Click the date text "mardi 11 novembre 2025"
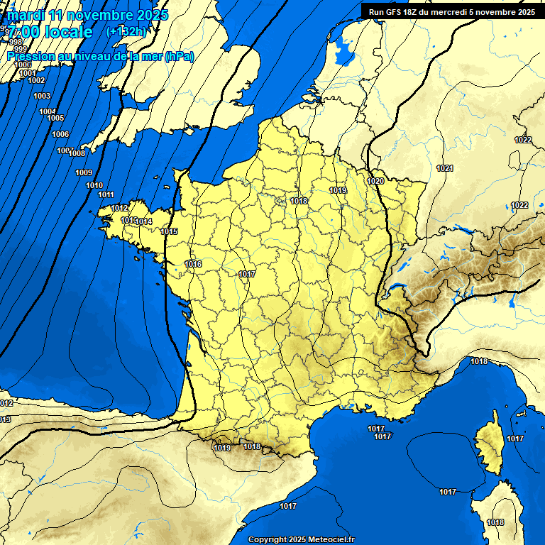[87, 15]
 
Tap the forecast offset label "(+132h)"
[126, 32]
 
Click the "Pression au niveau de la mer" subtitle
[99, 57]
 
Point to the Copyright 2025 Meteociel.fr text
[301, 539]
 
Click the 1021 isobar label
[445, 168]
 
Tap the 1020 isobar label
[375, 182]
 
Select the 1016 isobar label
[193, 264]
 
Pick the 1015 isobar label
[169, 231]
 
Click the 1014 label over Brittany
[145, 222]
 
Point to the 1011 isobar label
[106, 194]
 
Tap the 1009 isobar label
[84, 172]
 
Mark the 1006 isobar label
[60, 134]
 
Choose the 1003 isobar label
[42, 96]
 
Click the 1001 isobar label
[28, 73]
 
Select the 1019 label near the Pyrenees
[222, 448]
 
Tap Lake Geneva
[402, 269]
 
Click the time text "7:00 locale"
[50, 33]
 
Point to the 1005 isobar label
[55, 118]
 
